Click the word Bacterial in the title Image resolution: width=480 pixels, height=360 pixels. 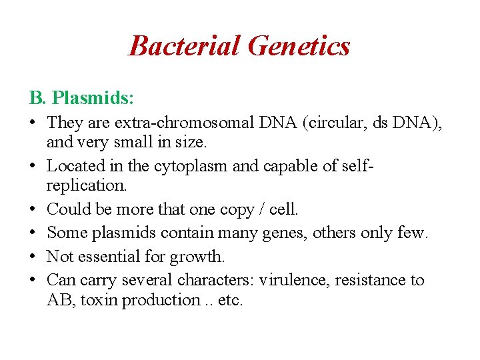coord(184,46)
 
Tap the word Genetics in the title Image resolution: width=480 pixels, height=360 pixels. coord(298,46)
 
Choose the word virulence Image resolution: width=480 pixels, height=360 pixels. coord(295,279)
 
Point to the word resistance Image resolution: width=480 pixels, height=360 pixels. coord(373,279)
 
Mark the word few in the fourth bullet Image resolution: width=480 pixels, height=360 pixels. coord(413,233)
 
